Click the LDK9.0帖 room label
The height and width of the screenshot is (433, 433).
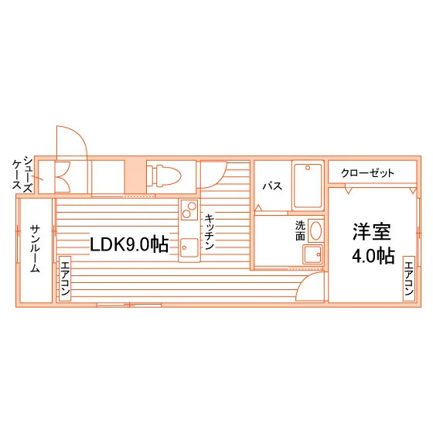[x=129, y=244]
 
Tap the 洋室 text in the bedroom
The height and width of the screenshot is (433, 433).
[x=372, y=232]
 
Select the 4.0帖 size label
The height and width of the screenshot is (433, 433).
[x=373, y=257]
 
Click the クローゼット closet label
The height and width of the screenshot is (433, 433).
[x=367, y=173]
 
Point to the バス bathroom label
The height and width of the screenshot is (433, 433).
[x=272, y=186]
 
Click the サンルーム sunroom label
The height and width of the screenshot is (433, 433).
[x=36, y=249]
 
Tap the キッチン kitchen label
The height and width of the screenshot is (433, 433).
[x=210, y=232]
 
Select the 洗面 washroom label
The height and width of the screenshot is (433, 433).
[x=300, y=230]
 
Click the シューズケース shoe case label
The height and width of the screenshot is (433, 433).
[x=22, y=173]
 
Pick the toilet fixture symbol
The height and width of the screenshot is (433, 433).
[x=163, y=175]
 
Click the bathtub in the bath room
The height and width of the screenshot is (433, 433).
[x=308, y=186]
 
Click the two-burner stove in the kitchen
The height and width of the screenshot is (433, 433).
[x=189, y=210]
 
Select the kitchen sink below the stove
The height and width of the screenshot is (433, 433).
[x=189, y=247]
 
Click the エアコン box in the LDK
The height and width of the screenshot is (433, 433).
[x=65, y=278]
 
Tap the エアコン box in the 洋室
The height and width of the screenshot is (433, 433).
[x=409, y=278]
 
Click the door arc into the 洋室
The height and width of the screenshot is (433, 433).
[x=304, y=279]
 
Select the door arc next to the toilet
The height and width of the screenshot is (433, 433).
[x=220, y=179]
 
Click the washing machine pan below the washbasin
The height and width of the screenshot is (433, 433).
[x=313, y=254]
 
